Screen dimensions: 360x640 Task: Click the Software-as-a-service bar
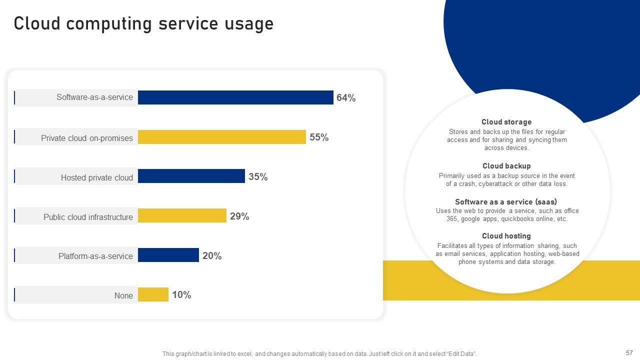click(235, 97)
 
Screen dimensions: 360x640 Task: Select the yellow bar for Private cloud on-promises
click(221, 137)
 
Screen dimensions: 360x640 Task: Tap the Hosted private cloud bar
click(191, 176)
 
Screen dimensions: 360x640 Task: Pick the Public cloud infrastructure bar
click(182, 215)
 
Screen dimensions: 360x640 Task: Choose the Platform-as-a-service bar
click(168, 255)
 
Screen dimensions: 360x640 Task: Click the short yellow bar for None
click(153, 294)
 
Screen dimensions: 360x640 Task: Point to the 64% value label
click(346, 98)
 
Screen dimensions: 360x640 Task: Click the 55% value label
click(319, 137)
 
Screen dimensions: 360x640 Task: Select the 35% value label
click(258, 177)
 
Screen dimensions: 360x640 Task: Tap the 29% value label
click(239, 216)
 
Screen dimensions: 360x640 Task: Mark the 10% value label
click(181, 295)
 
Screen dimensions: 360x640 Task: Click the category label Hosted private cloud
click(97, 177)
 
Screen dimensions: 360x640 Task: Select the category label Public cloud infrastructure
click(88, 217)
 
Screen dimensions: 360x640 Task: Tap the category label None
click(123, 295)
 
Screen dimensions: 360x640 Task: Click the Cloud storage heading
click(506, 122)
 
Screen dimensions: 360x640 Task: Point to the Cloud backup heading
click(506, 166)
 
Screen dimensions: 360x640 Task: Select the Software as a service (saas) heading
click(506, 202)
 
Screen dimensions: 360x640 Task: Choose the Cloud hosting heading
click(506, 236)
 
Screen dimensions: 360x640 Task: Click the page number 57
click(629, 352)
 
